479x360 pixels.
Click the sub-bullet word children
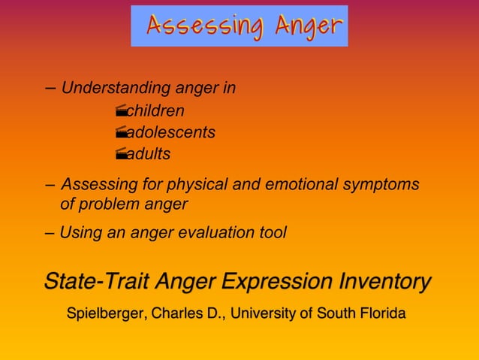tap(155, 111)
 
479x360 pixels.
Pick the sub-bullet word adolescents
tap(171, 133)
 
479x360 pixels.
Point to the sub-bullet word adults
tap(149, 155)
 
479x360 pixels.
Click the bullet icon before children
tap(121, 112)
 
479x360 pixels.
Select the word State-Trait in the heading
tap(96, 282)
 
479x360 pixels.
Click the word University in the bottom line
tap(264, 313)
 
